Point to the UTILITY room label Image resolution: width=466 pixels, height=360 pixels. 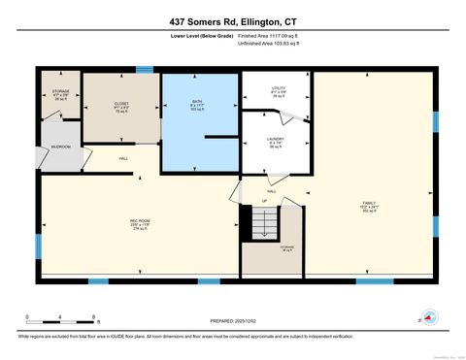point(278,91)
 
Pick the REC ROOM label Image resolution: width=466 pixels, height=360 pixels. point(139,223)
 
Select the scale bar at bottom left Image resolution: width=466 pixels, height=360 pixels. point(60,321)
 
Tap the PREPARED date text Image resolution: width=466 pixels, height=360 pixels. point(234,320)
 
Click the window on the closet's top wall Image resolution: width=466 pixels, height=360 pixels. point(144,69)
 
